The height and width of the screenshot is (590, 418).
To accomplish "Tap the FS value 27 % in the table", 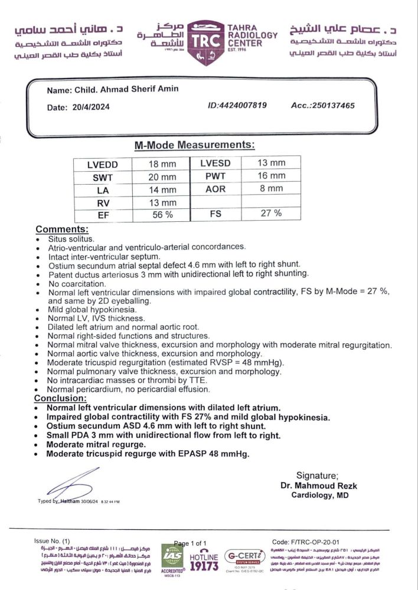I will (x=270, y=214).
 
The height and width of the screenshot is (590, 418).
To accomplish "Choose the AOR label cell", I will (x=215, y=189).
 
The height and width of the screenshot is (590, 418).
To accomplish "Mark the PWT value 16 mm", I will (x=270, y=176).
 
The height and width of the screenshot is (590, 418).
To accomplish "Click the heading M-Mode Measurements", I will (x=195, y=145).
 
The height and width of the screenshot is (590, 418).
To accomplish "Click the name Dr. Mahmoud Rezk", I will (x=319, y=486).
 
